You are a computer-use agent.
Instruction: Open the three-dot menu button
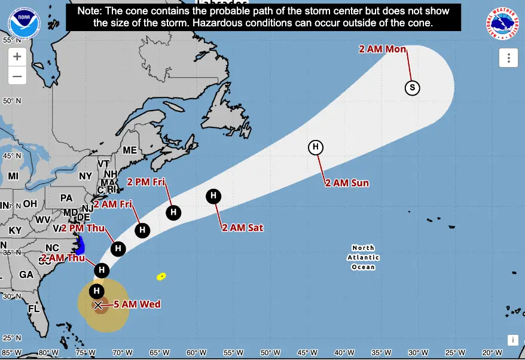pyautogui.click(x=508, y=58)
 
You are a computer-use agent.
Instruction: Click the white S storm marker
pyautogui.click(x=412, y=88)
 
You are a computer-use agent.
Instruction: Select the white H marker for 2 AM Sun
pyautogui.click(x=315, y=147)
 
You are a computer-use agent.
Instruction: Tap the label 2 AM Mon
pyautogui.click(x=383, y=49)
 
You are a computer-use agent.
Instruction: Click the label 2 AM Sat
pyautogui.click(x=242, y=228)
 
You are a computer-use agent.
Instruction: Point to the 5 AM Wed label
pyautogui.click(x=138, y=304)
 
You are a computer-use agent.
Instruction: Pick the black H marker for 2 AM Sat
pyautogui.click(x=213, y=196)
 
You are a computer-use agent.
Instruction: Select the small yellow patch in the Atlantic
pyautogui.click(x=161, y=276)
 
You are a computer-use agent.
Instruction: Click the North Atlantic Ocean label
pyautogui.click(x=363, y=257)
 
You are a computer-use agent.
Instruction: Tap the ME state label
pyautogui.click(x=130, y=150)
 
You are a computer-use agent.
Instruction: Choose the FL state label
pyautogui.click(x=33, y=309)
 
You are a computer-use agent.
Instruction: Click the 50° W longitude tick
pyautogui.click(x=267, y=352)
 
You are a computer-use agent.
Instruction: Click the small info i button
pyautogui.click(x=512, y=340)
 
